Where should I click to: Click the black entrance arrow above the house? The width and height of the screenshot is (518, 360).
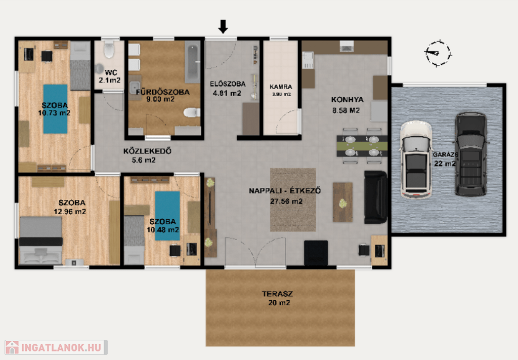coord(223,26)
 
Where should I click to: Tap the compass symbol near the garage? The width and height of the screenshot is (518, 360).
coord(438,53)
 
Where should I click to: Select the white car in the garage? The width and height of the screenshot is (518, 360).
coord(416,160)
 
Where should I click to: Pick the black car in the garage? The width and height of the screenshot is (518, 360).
coord(471,154)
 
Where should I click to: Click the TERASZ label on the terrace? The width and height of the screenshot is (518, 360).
coord(277,294)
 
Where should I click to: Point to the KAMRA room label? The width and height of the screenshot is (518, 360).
coord(281,87)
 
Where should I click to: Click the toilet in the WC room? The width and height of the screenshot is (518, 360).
coord(109,50)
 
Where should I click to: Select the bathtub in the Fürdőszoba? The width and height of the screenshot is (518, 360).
coord(192,62)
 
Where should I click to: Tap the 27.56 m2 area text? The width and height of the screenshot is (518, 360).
coord(286,201)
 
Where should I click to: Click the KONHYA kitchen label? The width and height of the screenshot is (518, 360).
coord(347,100)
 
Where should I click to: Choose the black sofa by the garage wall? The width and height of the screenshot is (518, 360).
coord(375,197)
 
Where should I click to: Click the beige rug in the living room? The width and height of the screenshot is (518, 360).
coord(293,199)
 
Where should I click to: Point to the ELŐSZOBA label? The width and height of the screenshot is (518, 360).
coord(228,84)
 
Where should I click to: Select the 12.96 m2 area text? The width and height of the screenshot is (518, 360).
coord(70,212)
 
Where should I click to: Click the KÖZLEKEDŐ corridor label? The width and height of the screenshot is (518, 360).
coord(147,151)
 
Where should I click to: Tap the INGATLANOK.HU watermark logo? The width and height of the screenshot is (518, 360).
coord(56,347)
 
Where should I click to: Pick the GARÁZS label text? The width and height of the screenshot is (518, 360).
coord(445,154)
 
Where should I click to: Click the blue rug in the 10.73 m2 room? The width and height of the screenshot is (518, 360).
coord(55,109)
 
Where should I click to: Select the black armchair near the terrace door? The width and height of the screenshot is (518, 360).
coord(316,253)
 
